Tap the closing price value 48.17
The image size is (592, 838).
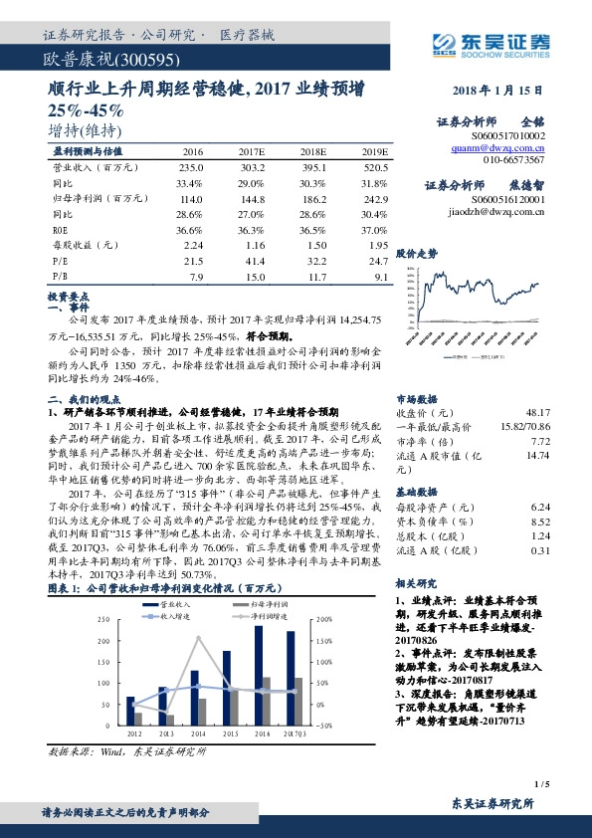tap(538, 411)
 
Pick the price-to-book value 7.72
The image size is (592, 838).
tap(539, 441)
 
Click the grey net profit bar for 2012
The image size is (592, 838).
tap(137, 719)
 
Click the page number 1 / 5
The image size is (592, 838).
tap(542, 786)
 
